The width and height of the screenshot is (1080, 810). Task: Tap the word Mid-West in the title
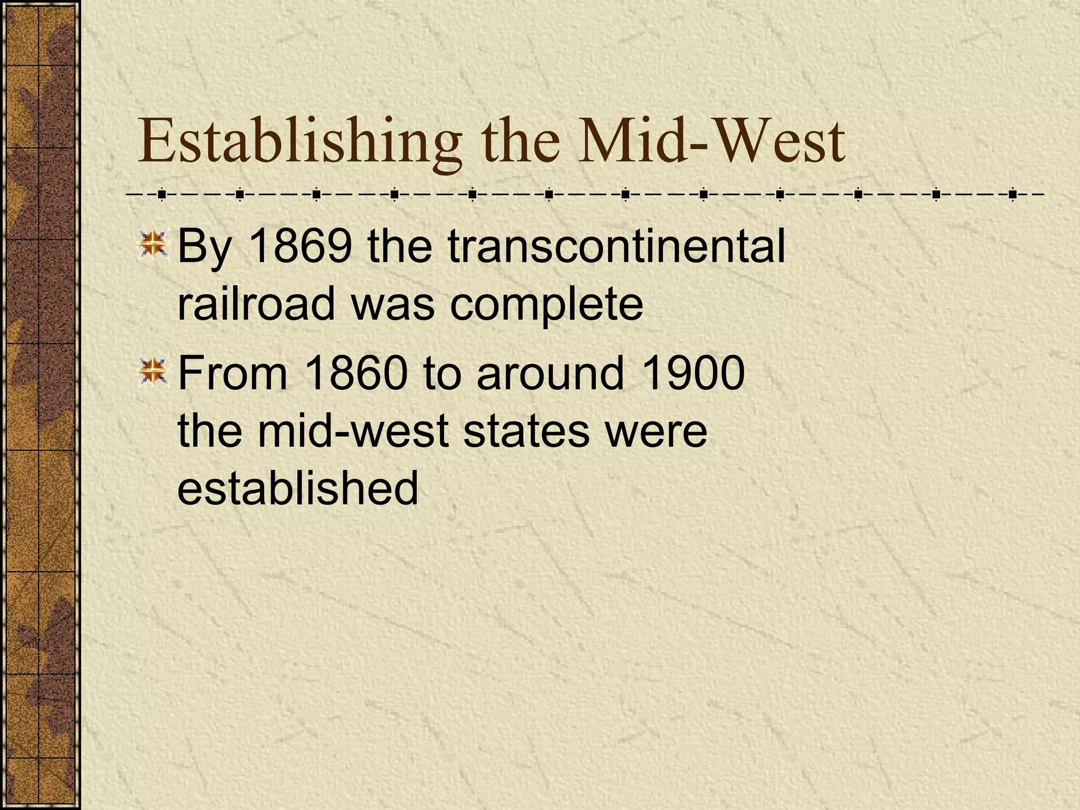click(711, 141)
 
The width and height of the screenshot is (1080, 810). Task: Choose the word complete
click(546, 305)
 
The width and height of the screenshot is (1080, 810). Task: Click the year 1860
click(356, 373)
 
